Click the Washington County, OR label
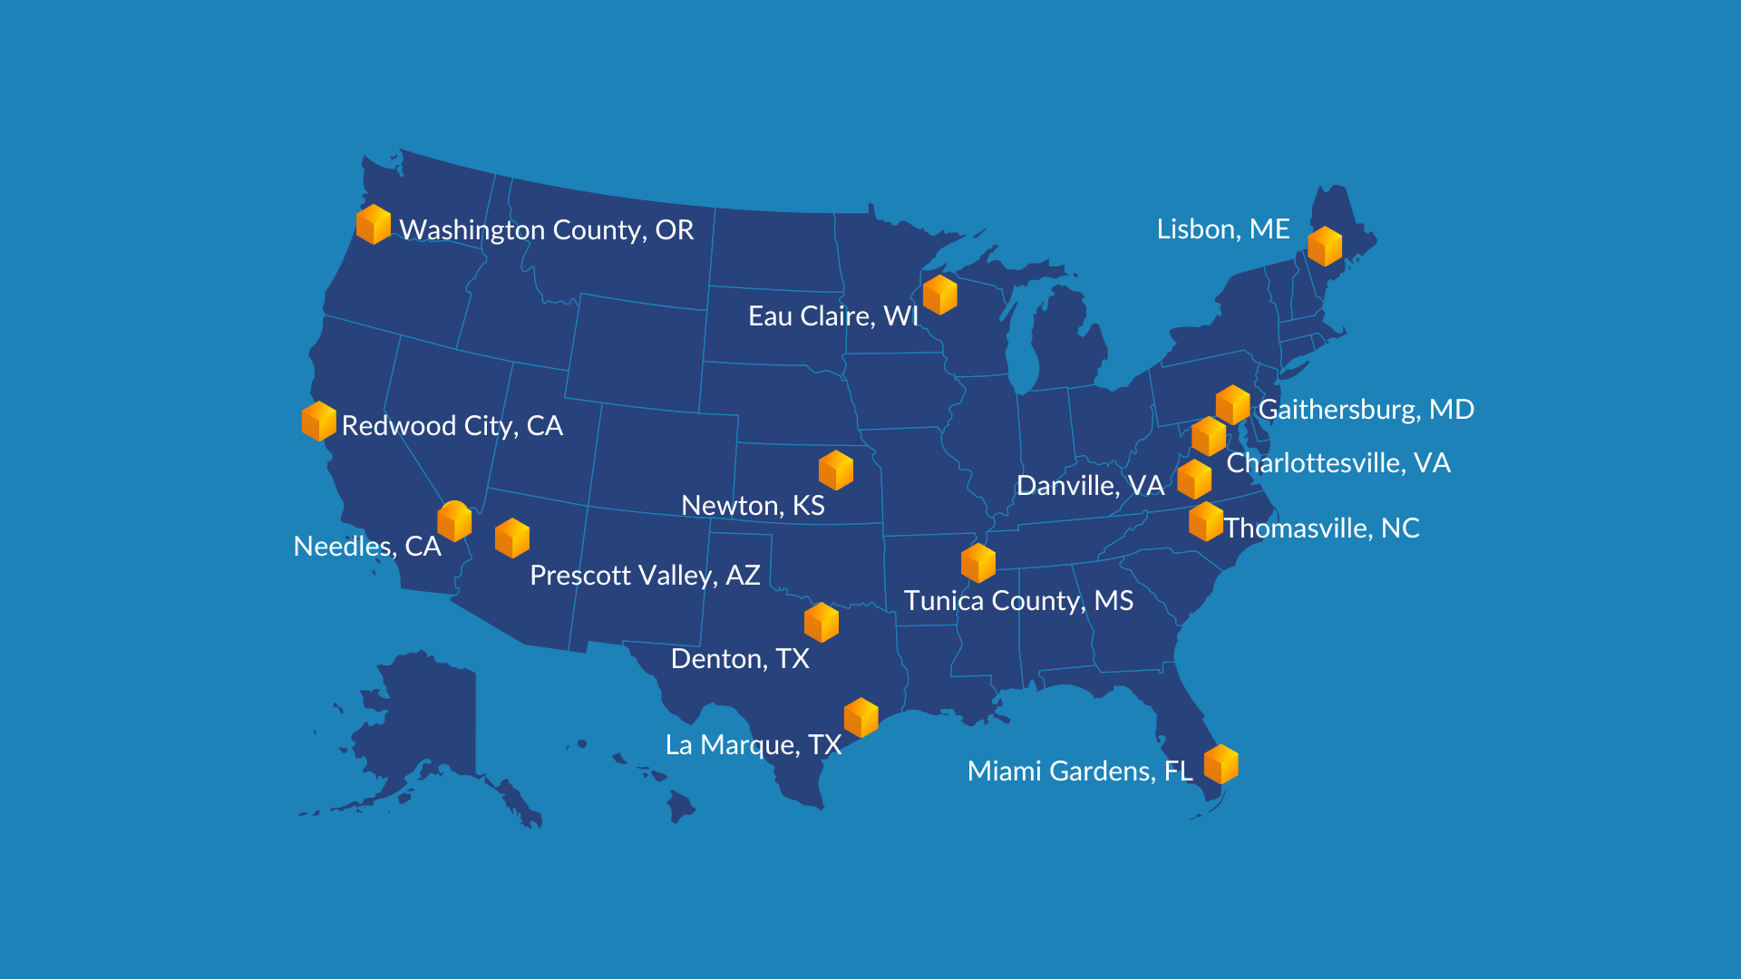click(546, 230)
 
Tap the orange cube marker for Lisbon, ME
click(1324, 247)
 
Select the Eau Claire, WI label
click(832, 316)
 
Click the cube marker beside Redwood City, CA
click(319, 422)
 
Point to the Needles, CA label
click(367, 547)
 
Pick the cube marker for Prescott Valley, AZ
click(512, 538)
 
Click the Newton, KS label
click(753, 506)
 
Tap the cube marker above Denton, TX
click(822, 623)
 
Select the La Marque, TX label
click(753, 745)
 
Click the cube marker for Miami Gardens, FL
click(1221, 764)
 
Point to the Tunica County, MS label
click(1018, 601)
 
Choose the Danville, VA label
click(1090, 486)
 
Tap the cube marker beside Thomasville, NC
click(1206, 522)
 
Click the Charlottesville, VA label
click(1338, 463)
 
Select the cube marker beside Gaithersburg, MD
click(1233, 404)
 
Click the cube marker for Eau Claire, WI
click(940, 295)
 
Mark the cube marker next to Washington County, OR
click(374, 225)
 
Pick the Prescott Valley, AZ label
click(645, 576)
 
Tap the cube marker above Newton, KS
click(836, 470)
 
